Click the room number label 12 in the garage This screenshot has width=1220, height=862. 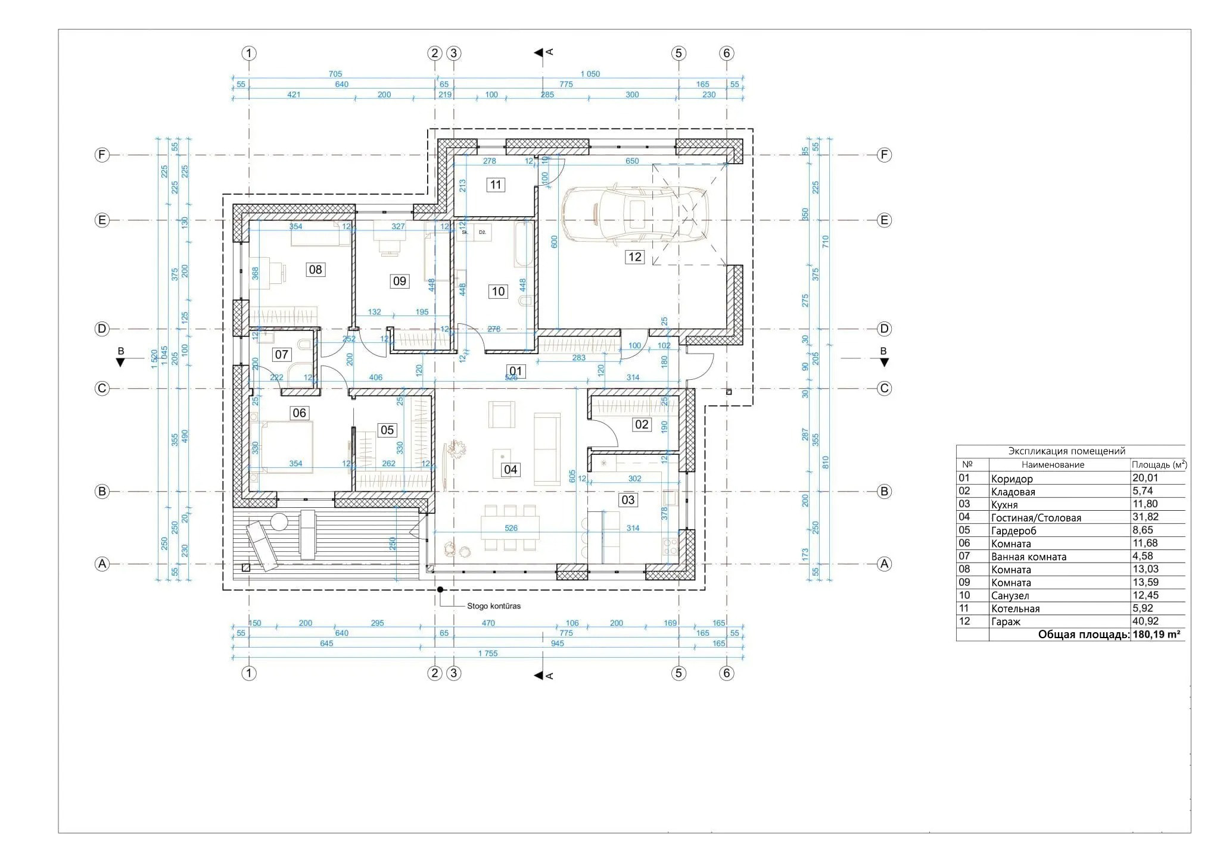pos(634,257)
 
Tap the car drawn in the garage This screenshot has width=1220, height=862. pos(635,215)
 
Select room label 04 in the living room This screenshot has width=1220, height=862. pos(511,469)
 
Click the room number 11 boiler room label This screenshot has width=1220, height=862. pos(495,185)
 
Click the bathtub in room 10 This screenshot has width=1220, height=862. pos(523,244)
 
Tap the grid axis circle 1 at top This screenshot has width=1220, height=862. pos(249,54)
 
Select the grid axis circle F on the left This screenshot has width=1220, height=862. pos(102,155)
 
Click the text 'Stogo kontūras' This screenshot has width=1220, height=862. pos(493,606)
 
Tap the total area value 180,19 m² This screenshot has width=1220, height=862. pos(1156,635)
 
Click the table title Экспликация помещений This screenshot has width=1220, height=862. pos(1066,451)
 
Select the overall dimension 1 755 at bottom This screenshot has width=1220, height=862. pos(487,653)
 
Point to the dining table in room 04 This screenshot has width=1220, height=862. pos(510,527)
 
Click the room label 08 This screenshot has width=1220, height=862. pos(315,269)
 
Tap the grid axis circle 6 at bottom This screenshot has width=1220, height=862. pos(726,673)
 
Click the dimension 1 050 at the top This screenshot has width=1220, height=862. pos(590,74)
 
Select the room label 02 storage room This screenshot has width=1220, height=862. pos(642,424)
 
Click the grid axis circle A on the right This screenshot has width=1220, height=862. pos(885,564)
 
